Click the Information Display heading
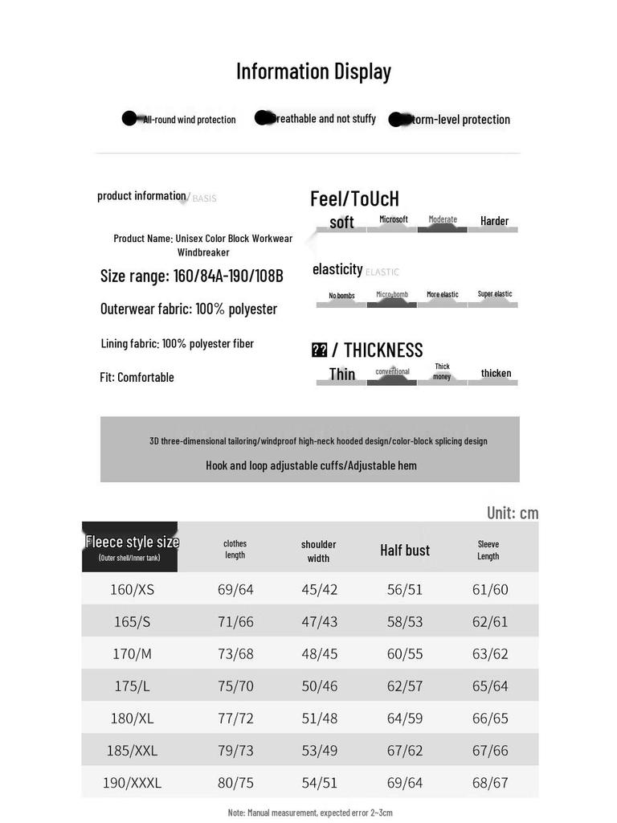(313, 72)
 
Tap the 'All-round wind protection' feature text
(189, 120)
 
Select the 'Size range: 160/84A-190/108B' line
(191, 276)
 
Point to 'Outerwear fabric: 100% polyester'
(189, 309)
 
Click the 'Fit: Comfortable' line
(137, 377)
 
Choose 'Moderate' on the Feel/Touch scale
(442, 220)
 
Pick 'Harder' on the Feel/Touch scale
(494, 221)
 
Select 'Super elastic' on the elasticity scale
(494, 294)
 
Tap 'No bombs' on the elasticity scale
(341, 296)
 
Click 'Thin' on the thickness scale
(341, 374)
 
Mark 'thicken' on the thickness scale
(496, 373)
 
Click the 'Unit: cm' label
(513, 513)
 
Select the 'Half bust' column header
(405, 551)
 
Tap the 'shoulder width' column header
(318, 551)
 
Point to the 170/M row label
(132, 654)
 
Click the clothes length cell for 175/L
(235, 686)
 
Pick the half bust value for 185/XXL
(405, 751)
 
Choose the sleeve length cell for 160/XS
(490, 589)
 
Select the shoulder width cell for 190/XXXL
(319, 783)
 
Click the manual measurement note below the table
(310, 813)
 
